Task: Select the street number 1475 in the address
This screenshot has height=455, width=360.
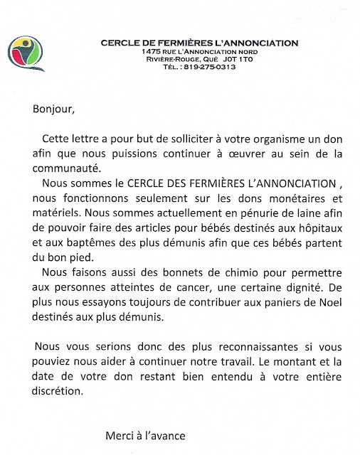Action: (151, 51)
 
